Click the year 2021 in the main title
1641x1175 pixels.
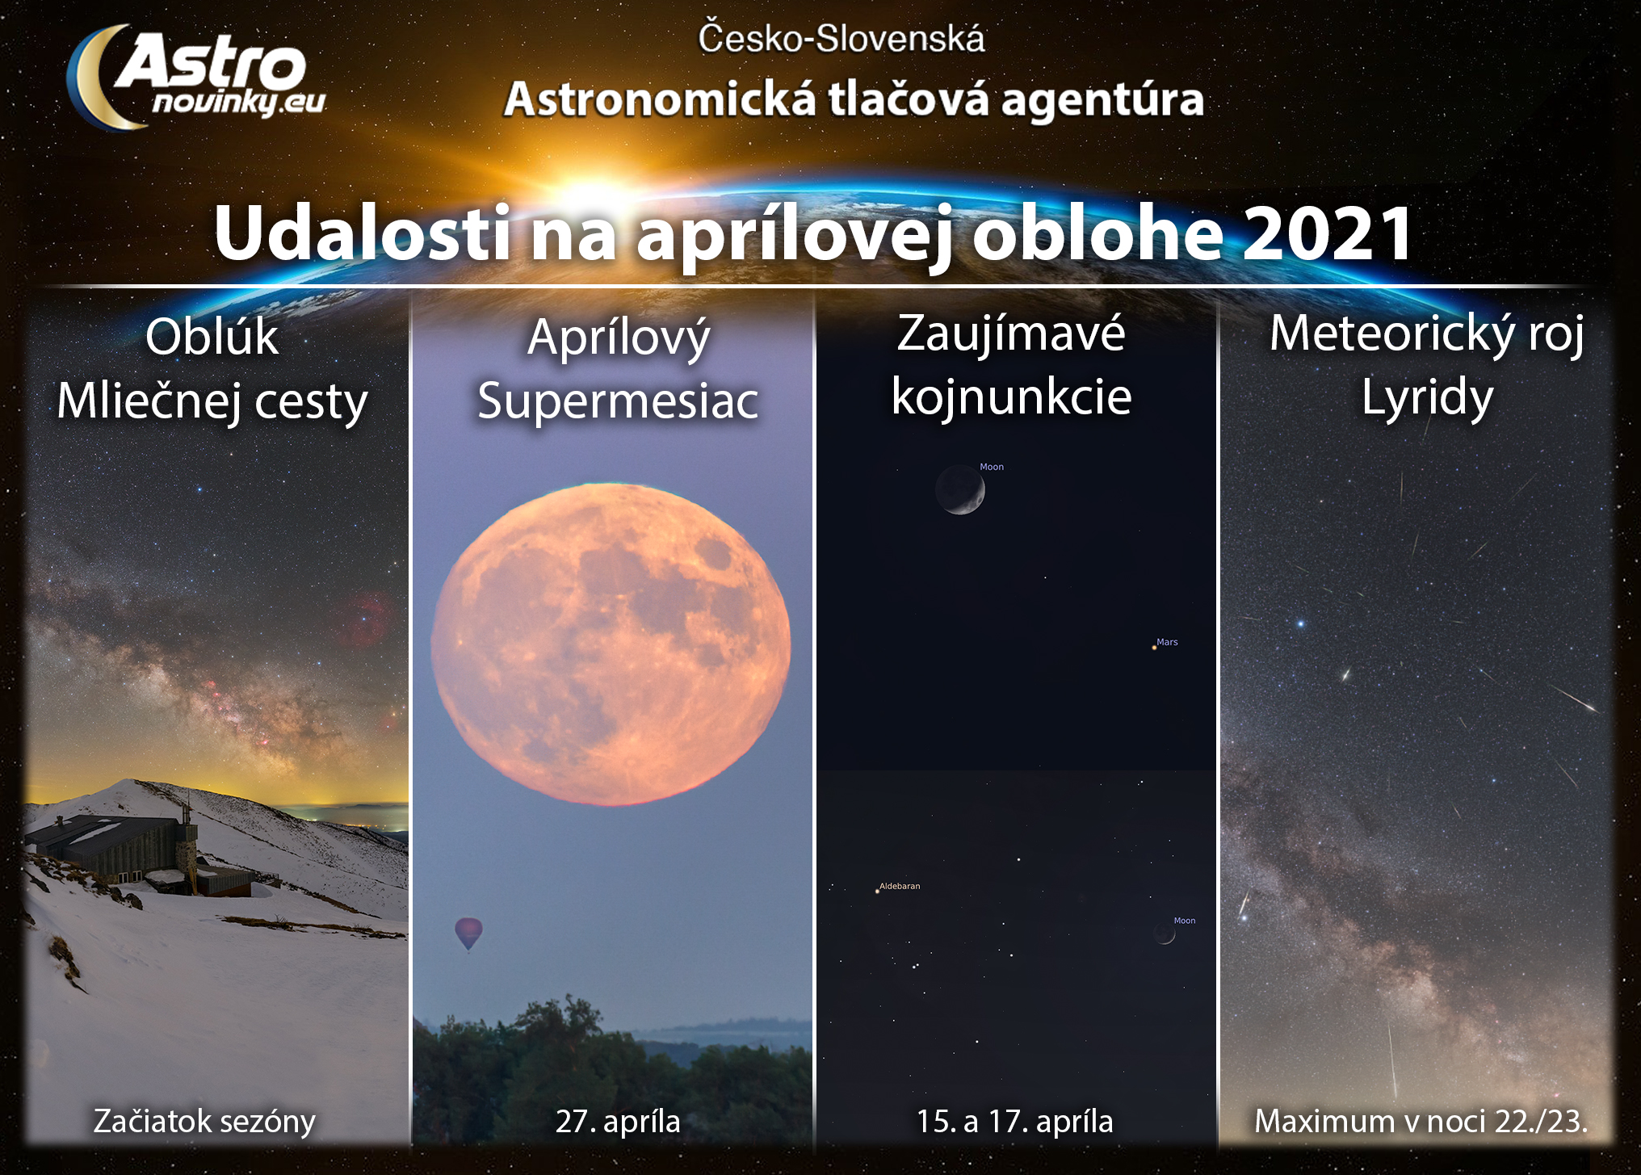point(1328,233)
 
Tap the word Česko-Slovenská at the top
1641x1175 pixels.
point(841,38)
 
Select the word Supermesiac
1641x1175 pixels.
point(618,401)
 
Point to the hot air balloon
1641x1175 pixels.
point(468,934)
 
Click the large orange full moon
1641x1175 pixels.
point(611,644)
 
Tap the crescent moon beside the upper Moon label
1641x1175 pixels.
point(960,489)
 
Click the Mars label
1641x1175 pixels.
point(1167,642)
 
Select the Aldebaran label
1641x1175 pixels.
point(900,886)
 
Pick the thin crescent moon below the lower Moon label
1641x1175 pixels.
point(1165,934)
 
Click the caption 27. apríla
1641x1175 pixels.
point(618,1121)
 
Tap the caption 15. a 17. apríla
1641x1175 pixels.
point(1014,1121)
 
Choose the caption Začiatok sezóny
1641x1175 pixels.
point(204,1121)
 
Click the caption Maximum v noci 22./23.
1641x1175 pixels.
point(1421,1121)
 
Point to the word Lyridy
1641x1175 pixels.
point(1428,398)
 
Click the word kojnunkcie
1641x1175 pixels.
point(1011,397)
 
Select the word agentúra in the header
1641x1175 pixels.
point(1102,101)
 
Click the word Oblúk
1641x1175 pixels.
point(212,336)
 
